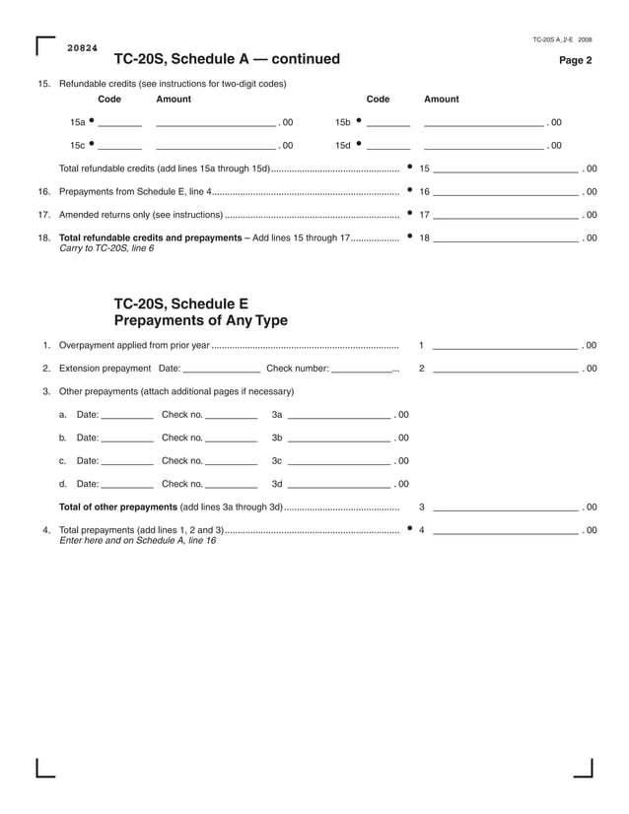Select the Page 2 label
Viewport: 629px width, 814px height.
point(576,61)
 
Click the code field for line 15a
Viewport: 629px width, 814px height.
point(119,123)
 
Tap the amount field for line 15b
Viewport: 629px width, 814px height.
point(483,123)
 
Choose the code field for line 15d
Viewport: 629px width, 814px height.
point(388,146)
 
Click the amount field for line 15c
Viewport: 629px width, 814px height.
point(216,146)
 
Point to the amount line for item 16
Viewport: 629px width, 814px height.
point(505,192)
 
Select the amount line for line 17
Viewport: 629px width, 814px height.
point(505,215)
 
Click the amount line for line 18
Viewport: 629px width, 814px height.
point(505,238)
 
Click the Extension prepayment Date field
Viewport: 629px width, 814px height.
point(222,370)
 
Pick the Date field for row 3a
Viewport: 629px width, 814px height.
point(127,416)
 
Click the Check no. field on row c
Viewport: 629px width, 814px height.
point(231,461)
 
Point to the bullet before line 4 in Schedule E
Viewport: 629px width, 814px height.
point(409,529)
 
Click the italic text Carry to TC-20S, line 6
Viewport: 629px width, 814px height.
point(106,248)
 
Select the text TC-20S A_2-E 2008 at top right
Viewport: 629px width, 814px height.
point(562,39)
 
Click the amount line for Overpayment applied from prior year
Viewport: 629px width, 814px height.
point(505,346)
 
